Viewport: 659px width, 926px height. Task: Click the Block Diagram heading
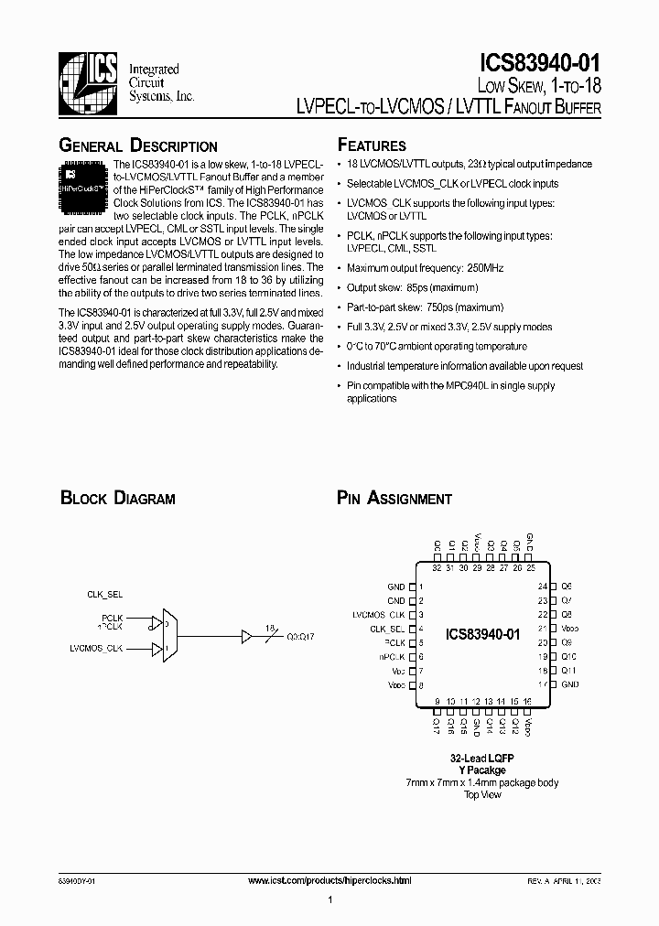117,499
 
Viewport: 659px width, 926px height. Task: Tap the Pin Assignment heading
394,499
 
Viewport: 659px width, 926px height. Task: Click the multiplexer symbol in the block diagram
169,633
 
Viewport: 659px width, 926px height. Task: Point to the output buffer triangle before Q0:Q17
245,633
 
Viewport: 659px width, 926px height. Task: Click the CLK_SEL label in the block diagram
104,594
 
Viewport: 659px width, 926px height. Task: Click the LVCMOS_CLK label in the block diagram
96,648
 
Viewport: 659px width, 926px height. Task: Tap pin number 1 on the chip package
420,587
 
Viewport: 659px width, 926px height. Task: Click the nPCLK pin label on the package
391,656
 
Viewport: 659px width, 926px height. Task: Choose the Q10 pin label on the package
568,656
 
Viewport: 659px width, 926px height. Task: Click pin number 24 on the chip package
542,586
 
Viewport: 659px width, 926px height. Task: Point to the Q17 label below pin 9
437,726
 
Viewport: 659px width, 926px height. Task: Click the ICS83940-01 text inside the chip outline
482,634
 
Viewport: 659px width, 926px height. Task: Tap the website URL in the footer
330,880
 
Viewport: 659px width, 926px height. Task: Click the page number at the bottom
329,901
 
